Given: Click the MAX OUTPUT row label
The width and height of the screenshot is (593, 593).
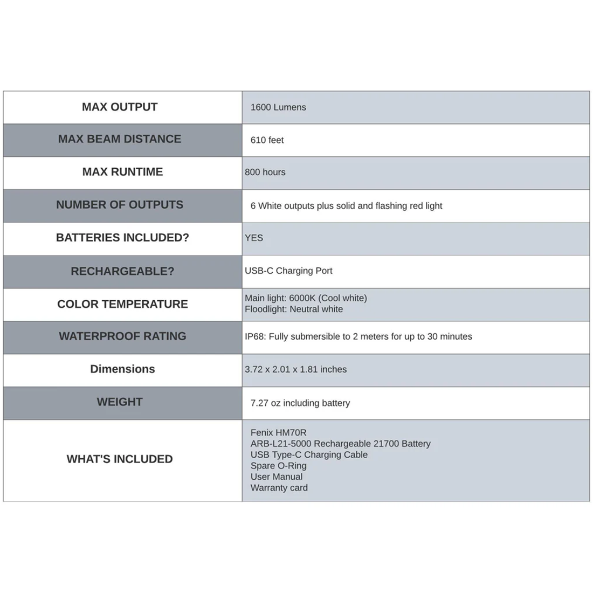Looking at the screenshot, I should tap(120, 107).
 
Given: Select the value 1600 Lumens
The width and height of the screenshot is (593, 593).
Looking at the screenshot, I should tap(278, 107).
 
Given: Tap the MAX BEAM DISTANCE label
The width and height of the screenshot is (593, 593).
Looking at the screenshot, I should tap(120, 139).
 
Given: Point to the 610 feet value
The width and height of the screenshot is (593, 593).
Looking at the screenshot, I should tap(267, 140).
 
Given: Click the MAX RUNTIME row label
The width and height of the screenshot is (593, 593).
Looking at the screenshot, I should tap(122, 172).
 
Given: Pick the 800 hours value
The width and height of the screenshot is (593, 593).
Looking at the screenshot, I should tap(265, 173).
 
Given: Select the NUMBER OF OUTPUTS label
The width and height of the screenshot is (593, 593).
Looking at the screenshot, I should tap(120, 205).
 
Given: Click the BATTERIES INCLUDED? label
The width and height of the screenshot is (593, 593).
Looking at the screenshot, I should tap(122, 238).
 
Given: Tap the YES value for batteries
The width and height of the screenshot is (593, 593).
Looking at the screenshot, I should tap(254, 238).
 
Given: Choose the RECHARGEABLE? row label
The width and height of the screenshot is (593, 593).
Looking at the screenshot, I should tap(122, 271).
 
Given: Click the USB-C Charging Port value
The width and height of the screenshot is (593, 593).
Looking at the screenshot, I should tap(288, 271).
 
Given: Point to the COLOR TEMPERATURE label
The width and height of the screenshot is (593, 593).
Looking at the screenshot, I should tap(122, 304).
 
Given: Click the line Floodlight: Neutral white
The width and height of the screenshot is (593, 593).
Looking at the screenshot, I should tap(294, 309).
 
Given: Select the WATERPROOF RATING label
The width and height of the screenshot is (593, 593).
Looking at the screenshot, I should tap(122, 336).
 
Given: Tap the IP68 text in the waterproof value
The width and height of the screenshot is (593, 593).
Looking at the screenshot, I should tap(254, 336).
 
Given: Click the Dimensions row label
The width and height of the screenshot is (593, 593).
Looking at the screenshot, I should tap(122, 369).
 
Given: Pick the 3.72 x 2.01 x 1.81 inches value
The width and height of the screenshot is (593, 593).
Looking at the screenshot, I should tap(295, 370).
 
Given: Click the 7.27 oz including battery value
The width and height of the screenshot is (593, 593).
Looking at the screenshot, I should tap(300, 403).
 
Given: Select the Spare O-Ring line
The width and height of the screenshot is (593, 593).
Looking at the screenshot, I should tap(278, 466).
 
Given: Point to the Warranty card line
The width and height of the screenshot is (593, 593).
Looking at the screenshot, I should tap(279, 488).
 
